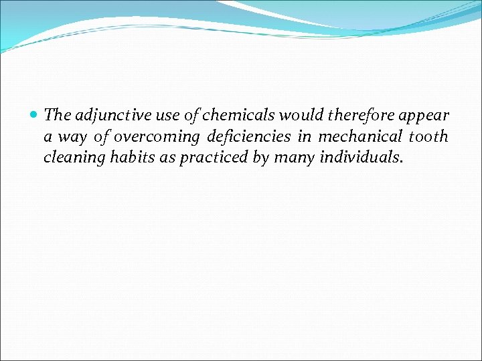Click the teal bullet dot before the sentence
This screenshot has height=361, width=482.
click(34, 116)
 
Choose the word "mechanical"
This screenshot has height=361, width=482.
click(360, 137)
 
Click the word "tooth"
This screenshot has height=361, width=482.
click(428, 137)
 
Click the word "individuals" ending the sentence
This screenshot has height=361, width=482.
click(361, 158)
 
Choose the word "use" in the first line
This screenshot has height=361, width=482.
click(157, 116)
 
